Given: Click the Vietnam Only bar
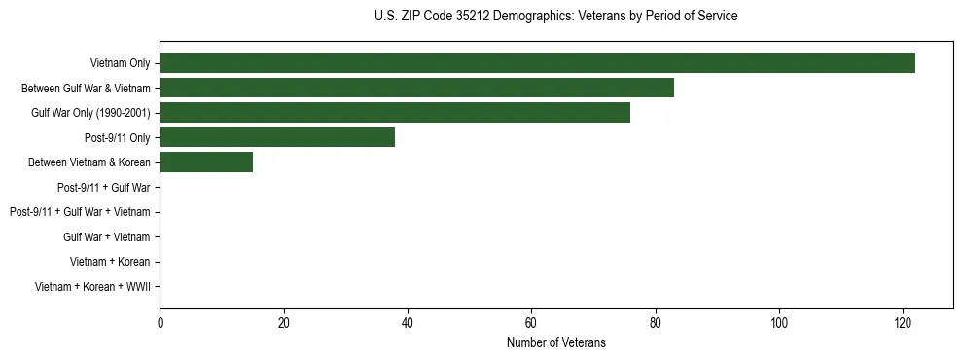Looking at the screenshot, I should [x=537, y=62].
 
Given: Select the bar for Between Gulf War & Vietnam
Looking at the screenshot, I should [x=416, y=88].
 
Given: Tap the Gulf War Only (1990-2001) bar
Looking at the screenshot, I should [x=395, y=112].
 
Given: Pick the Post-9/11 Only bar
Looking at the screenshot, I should [x=277, y=137].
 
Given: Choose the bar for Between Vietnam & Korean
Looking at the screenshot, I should [x=206, y=162].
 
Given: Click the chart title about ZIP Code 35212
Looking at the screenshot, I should [x=555, y=17].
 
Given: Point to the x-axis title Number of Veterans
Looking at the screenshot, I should [x=555, y=342].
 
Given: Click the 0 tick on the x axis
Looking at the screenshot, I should [x=160, y=323].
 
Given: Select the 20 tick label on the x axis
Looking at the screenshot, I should [x=284, y=323].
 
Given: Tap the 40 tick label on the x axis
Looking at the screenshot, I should [x=408, y=323].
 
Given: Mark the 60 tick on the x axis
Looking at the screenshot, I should [x=531, y=323].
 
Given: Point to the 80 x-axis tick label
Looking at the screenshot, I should [x=656, y=323].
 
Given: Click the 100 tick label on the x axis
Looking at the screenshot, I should [x=779, y=323].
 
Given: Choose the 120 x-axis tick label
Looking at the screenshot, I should [x=903, y=323].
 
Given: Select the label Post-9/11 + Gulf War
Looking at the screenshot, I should [x=103, y=187].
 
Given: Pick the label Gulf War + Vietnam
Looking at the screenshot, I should [x=106, y=236].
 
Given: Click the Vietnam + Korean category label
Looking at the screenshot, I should [x=110, y=262].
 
